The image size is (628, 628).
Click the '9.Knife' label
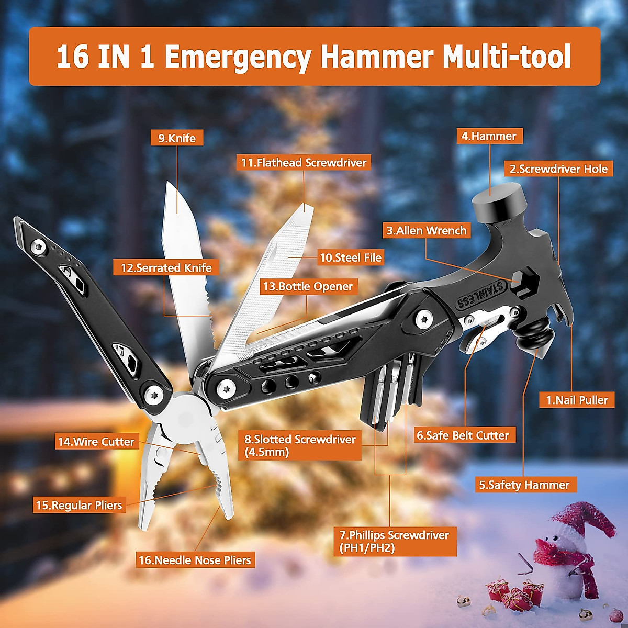coord(177,138)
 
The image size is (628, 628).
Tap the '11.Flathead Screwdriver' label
coord(304,163)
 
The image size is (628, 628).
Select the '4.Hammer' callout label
coord(489,136)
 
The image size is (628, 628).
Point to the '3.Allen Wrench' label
coord(426,230)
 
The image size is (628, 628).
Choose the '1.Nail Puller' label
coord(577,400)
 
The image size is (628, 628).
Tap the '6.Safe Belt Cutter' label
coord(463,435)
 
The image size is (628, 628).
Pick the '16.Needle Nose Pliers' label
coord(195,560)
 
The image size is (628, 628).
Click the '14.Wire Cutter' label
coord(96,442)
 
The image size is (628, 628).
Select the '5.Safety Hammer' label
coord(524,485)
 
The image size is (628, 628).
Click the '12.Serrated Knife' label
coord(166,267)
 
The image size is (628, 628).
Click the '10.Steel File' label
coord(351,257)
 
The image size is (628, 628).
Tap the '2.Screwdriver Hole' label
coord(559,169)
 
